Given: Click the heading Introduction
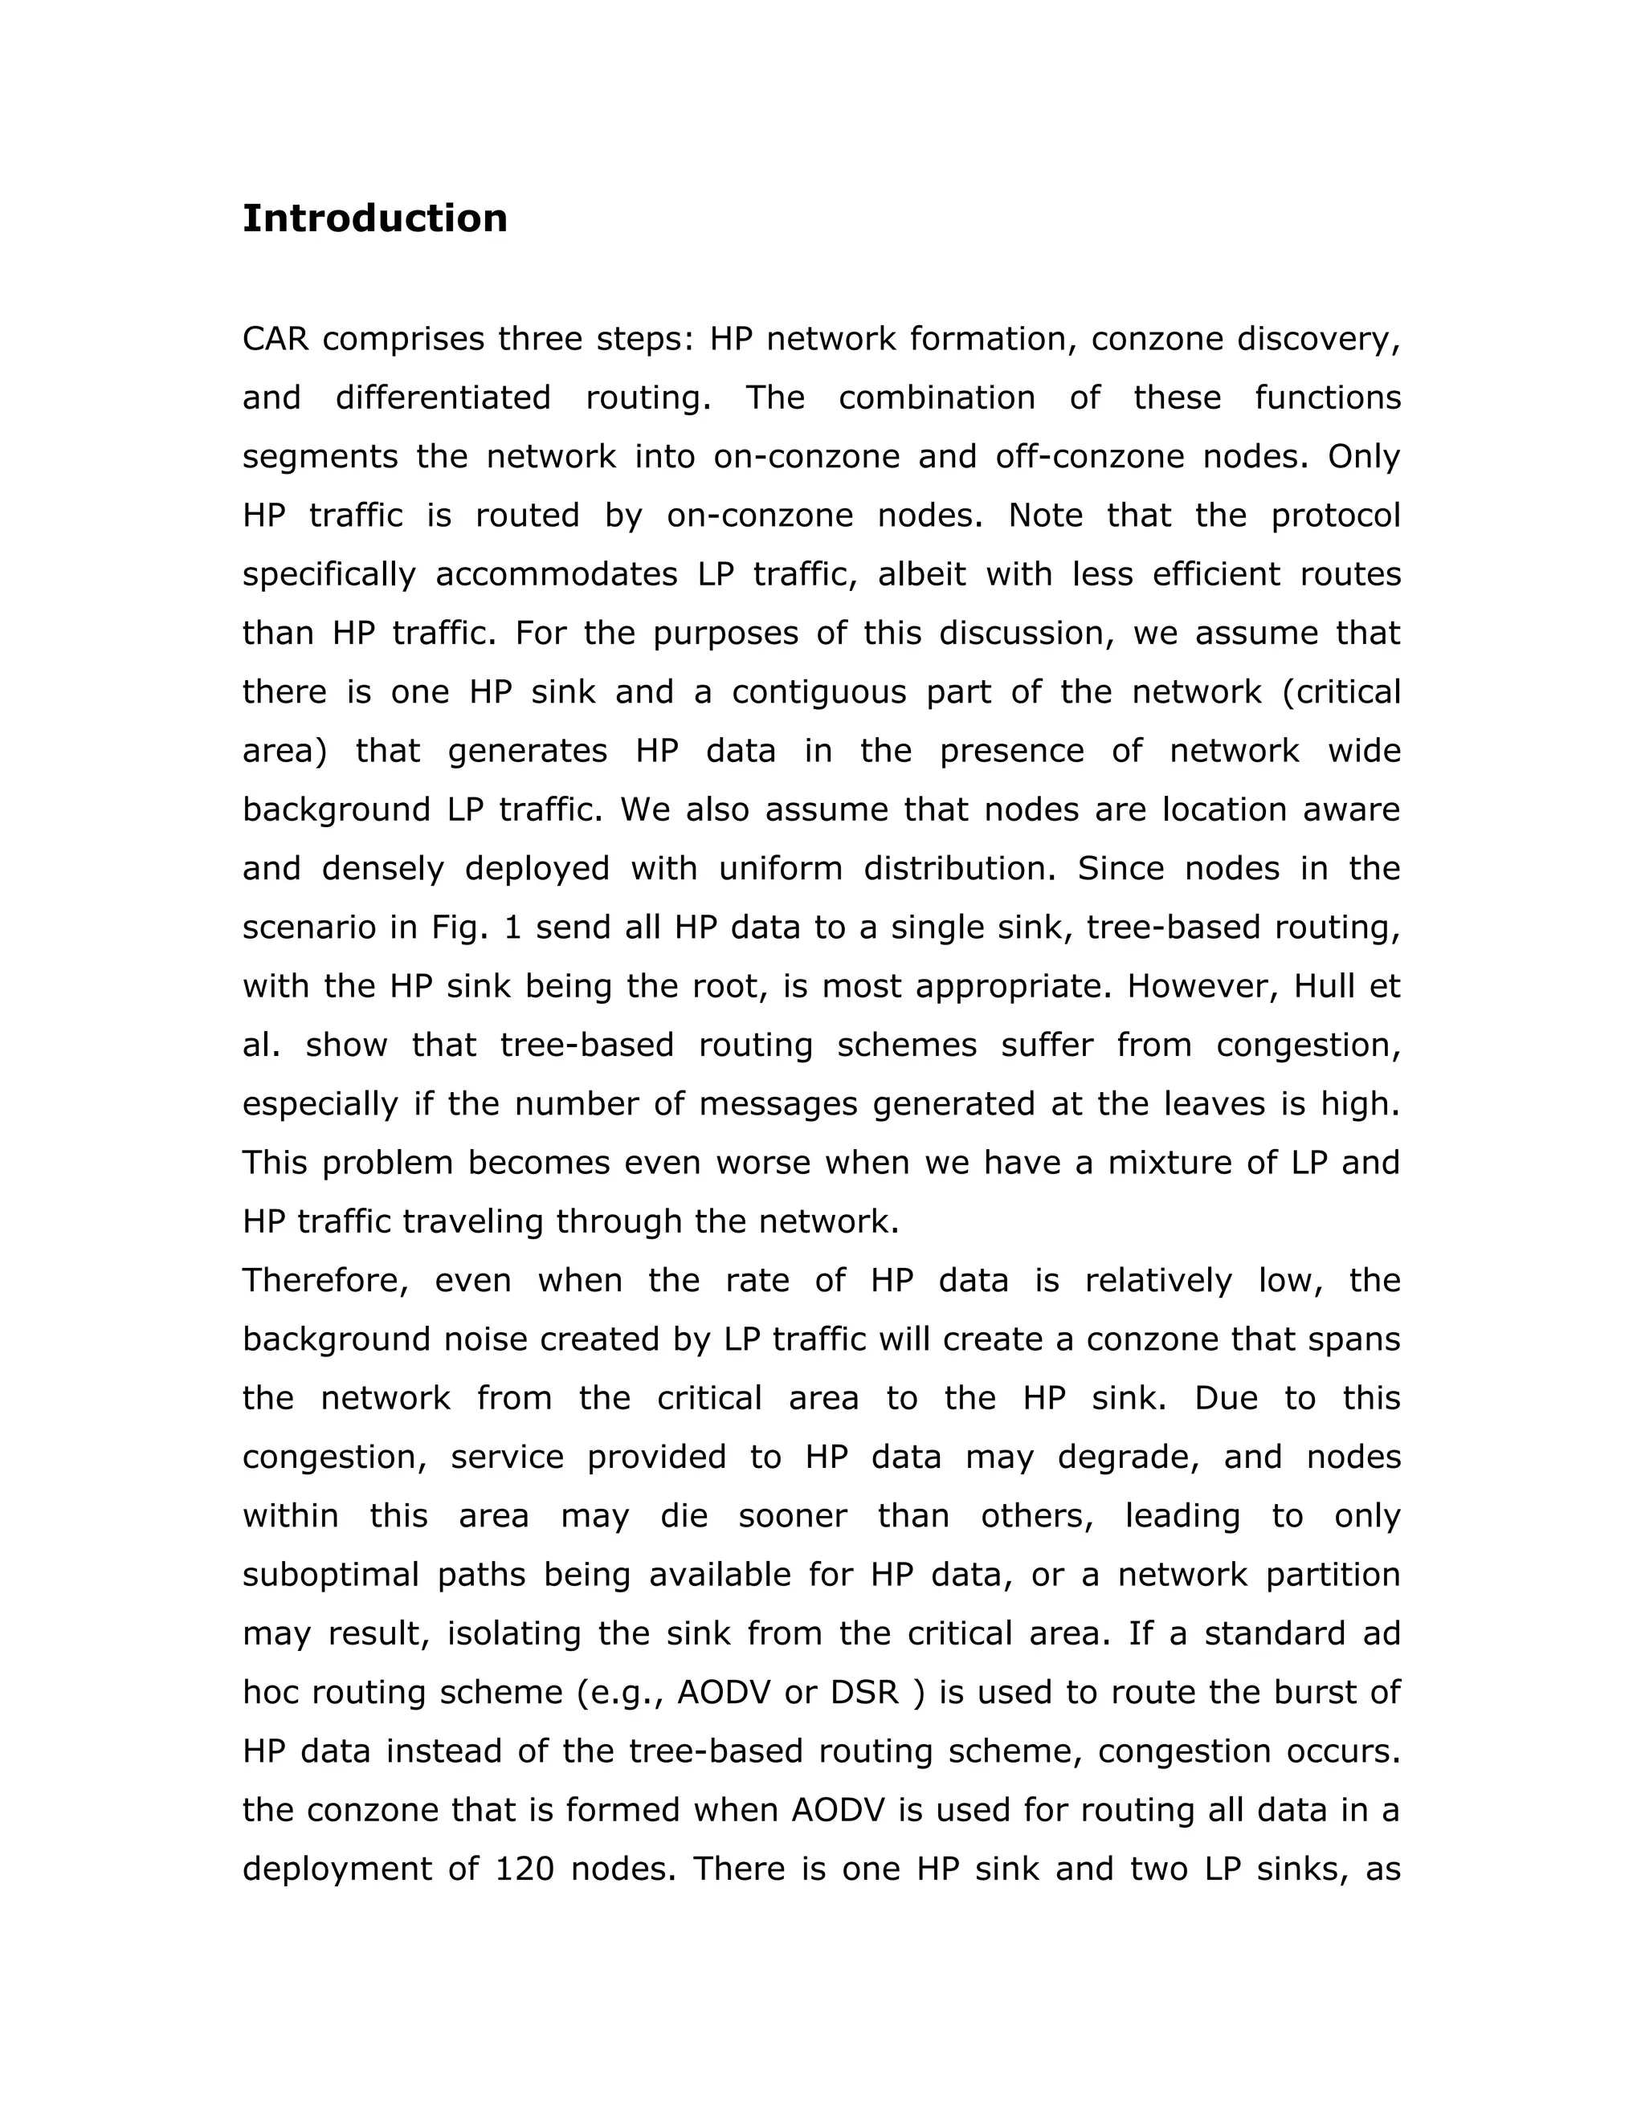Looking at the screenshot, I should click(374, 218).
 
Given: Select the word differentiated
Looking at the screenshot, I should click(443, 397).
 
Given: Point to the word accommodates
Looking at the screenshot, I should click(557, 574).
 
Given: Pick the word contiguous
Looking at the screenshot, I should click(810, 691).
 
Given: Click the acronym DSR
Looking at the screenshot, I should click(864, 1693).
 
